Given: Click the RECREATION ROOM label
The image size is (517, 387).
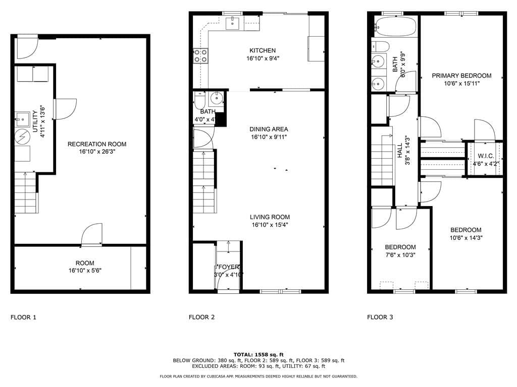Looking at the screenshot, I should point(97,144).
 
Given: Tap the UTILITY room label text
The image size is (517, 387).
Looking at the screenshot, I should point(35,116).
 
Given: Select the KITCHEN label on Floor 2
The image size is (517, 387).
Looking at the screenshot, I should point(263,50).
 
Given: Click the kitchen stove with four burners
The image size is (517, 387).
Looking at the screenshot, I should point(201,55).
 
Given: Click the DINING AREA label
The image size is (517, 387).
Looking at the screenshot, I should point(269,129).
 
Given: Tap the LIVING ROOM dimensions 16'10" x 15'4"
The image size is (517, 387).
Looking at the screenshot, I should point(270,225).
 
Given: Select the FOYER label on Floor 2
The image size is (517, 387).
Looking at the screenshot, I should point(228,267).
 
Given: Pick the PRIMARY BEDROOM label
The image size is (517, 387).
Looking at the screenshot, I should point(461,76).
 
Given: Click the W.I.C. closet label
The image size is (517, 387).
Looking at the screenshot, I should point(485,156).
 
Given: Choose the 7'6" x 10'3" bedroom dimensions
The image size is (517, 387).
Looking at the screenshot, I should point(400,255).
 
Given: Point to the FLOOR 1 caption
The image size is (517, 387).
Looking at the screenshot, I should point(23,317).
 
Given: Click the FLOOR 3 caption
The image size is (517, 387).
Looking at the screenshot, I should point(380,317).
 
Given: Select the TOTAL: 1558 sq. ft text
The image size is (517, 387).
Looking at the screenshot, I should point(258,354).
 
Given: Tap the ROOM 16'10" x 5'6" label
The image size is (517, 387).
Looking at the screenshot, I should point(85,267).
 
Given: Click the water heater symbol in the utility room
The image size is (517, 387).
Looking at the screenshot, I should point(22,136).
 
